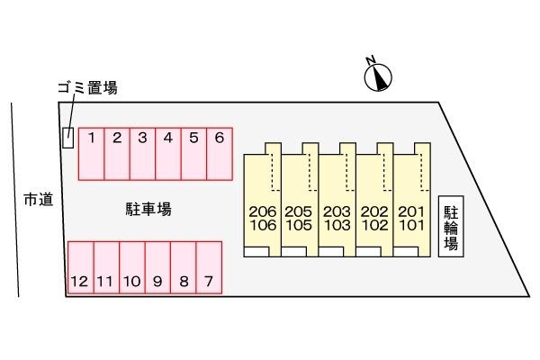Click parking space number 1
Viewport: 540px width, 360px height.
(91, 154)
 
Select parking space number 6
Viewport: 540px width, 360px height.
(220, 154)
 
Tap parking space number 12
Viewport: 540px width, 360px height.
(80, 267)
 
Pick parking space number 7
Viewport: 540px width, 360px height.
(209, 267)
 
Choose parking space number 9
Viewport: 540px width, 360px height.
(157, 267)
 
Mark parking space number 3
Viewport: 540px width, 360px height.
(142, 154)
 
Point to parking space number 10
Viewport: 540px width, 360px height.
(131, 267)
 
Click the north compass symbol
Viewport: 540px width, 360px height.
(379, 77)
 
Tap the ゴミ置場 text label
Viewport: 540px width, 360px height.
(86, 88)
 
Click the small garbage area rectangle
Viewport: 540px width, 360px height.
(67, 139)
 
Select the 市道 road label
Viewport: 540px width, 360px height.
(38, 200)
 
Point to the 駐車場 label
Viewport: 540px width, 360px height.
(148, 210)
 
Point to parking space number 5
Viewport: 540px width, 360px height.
(193, 154)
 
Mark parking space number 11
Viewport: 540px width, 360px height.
(105, 267)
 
